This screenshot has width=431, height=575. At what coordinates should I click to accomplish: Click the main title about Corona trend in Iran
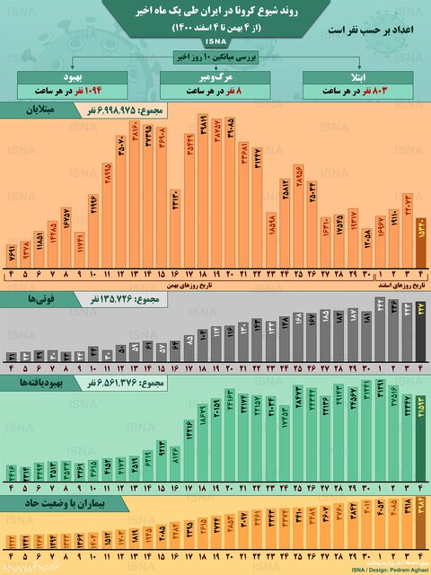[215, 12]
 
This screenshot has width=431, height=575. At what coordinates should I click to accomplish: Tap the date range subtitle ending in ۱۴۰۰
[215, 29]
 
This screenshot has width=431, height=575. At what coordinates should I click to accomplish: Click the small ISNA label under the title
[215, 42]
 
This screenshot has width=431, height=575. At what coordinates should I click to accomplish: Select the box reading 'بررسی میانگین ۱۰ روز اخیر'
[215, 57]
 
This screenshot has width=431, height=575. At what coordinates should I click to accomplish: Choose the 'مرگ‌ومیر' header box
[215, 75]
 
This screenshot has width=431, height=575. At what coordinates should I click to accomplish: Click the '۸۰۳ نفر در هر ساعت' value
[359, 91]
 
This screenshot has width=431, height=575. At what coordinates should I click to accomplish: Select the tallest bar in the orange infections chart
[203, 194]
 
